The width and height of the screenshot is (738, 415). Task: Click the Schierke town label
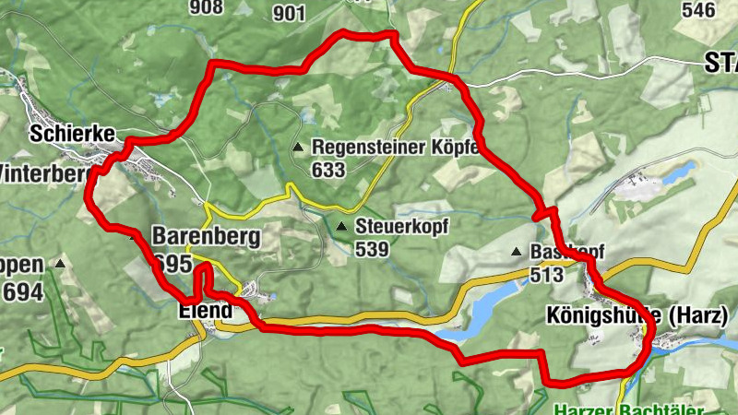(x=72, y=134)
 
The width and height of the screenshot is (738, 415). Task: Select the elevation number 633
(x=328, y=170)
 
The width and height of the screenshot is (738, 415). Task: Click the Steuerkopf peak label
(x=399, y=226)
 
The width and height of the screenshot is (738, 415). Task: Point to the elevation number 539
(x=372, y=249)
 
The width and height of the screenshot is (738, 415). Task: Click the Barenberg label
(x=207, y=237)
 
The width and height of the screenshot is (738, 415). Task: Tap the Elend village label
(x=205, y=311)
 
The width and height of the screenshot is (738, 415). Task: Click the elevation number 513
(x=547, y=275)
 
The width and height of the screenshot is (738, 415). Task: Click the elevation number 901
(x=289, y=12)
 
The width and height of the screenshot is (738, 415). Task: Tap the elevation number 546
(x=698, y=10)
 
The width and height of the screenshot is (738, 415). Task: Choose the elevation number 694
(x=22, y=292)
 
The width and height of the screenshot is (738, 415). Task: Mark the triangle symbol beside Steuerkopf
(x=342, y=226)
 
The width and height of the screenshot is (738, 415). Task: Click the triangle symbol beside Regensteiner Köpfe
(x=298, y=148)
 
